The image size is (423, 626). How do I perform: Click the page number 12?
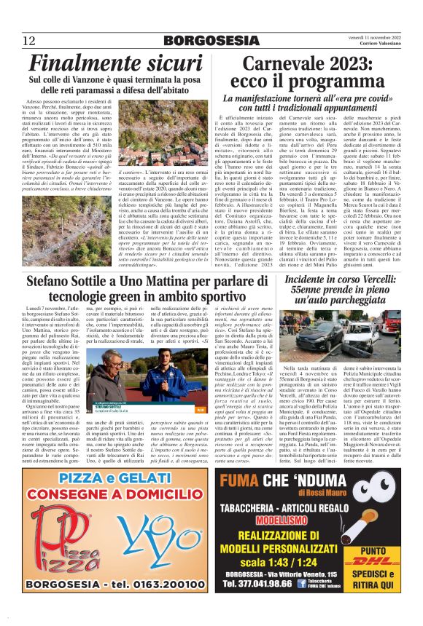click(x=29, y=40)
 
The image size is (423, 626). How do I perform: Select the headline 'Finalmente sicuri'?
click(x=106, y=65)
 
